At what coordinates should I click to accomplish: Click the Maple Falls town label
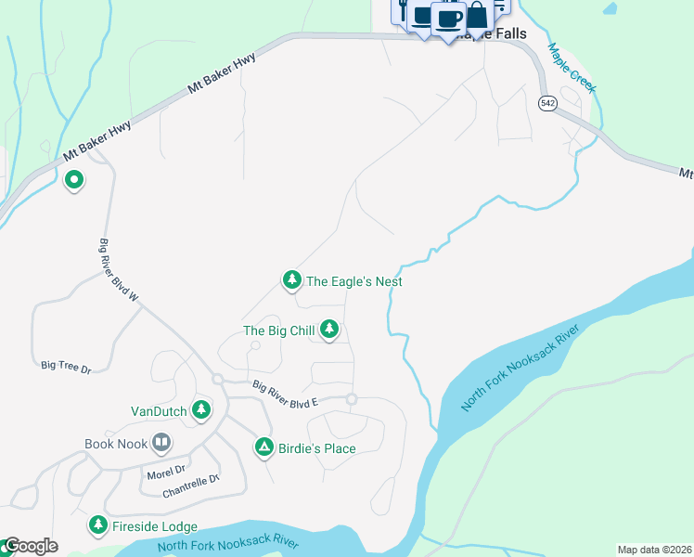coord(496,34)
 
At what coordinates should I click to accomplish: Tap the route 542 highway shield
coord(548,104)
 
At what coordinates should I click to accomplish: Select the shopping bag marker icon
coord(477,15)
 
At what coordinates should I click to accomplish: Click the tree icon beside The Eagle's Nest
coord(291,279)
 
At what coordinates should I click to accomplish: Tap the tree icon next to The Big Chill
coord(328,329)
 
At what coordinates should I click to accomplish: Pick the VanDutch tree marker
coord(200,409)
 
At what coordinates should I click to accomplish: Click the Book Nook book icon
coord(161,443)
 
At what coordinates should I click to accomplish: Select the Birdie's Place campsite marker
coord(264,448)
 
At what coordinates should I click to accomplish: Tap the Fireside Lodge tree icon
coord(97,525)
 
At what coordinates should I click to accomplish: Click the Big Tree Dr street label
coord(66,369)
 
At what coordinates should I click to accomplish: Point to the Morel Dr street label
coord(166,472)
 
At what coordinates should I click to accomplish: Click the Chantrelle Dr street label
coord(190,485)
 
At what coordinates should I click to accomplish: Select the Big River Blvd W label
coord(118,270)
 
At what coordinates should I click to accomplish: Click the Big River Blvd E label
coord(285,395)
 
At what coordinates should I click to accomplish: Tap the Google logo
coord(30,546)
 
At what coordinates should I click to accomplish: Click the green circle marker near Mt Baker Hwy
coord(73,180)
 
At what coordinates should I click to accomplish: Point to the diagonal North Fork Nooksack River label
coord(520,369)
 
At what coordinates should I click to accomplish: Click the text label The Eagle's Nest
coord(354,281)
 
